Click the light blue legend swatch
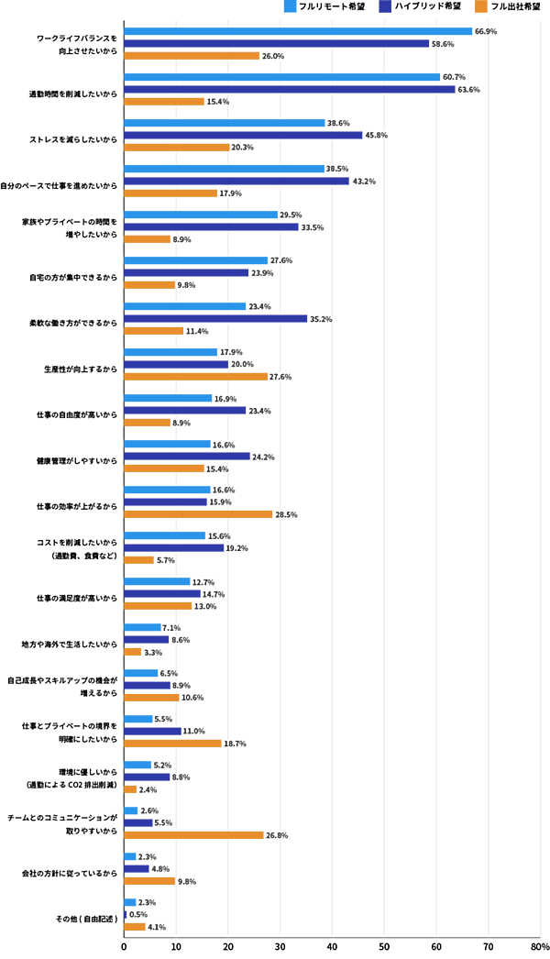(x=290, y=6)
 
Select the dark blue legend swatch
(x=385, y=6)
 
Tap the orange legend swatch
(x=480, y=6)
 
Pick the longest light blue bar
(x=299, y=31)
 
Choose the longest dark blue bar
(x=291, y=89)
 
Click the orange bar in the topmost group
(x=192, y=55)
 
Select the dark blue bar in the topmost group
(x=278, y=43)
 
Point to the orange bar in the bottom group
(x=136, y=927)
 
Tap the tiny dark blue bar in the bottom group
(x=126, y=914)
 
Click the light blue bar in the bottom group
(x=131, y=902)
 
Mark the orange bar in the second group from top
(x=165, y=101)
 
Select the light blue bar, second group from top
(x=282, y=77)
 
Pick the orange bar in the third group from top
(x=177, y=147)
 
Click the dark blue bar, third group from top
(x=244, y=135)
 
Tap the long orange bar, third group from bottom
(x=194, y=834)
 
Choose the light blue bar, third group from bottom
(x=132, y=810)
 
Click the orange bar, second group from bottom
(x=149, y=881)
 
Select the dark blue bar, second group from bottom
(x=137, y=868)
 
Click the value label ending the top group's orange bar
(x=273, y=56)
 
